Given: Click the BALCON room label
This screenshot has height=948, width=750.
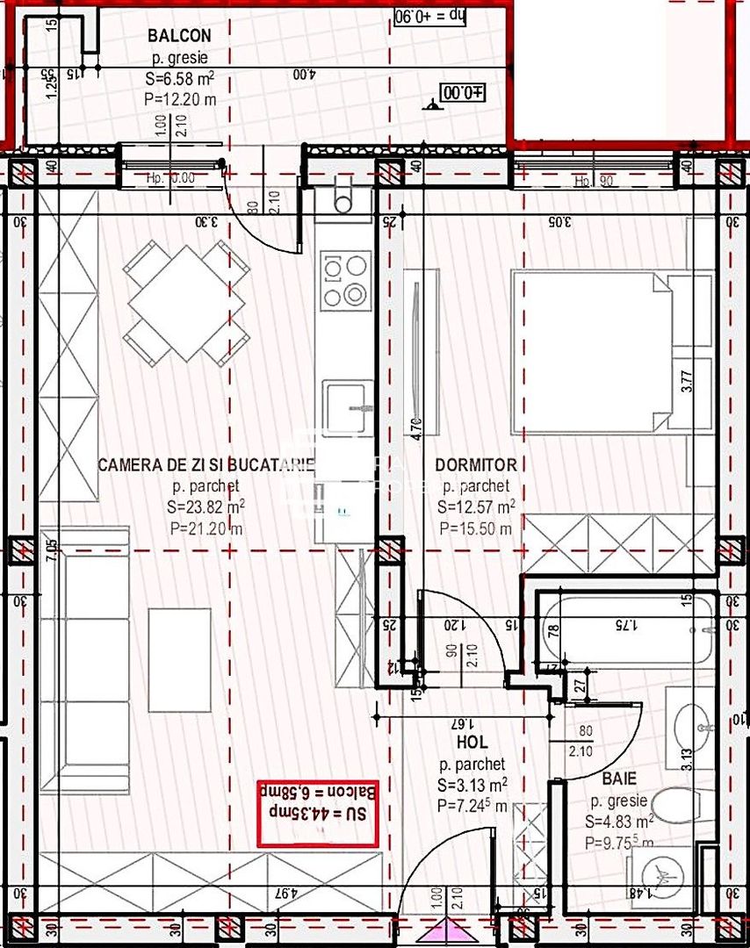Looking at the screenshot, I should [x=179, y=36].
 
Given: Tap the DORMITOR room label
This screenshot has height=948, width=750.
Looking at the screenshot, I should [x=476, y=465].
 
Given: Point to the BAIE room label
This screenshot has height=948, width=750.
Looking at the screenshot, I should [x=620, y=779].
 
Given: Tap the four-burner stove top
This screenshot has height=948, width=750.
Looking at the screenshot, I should [x=343, y=280].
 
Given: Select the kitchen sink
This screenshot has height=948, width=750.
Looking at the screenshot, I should [x=347, y=406].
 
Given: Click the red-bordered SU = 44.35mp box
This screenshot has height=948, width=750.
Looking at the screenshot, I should [x=317, y=814].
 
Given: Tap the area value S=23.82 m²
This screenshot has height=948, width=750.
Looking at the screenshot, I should [x=207, y=506].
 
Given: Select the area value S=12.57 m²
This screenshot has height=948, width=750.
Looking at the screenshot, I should [x=476, y=506].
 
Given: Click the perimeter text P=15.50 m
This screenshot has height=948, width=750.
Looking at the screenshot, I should [x=475, y=528].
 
